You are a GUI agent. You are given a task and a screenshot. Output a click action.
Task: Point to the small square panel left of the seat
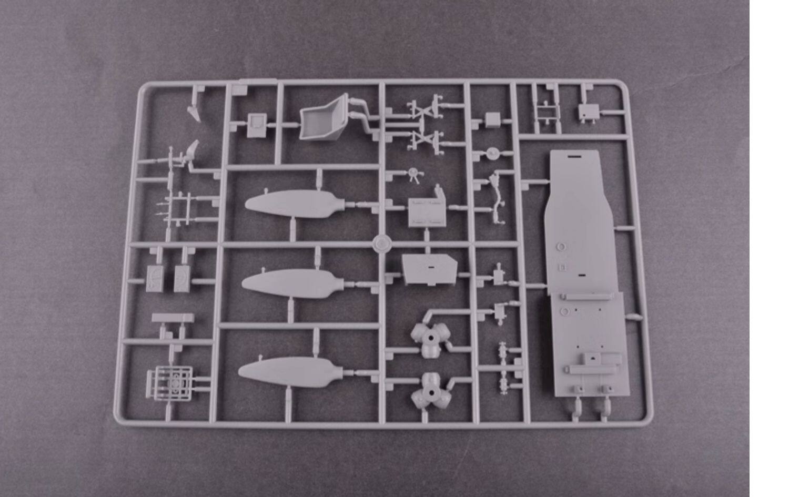point(258,125)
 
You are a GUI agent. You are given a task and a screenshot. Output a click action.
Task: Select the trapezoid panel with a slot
point(428,270)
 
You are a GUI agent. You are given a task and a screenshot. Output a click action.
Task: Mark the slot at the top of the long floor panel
point(574,157)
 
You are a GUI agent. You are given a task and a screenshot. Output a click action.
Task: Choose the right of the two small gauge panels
point(182,278)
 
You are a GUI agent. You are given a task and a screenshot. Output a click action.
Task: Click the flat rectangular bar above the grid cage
point(173,318)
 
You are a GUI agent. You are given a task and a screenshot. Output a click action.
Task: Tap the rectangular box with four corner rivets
point(427,212)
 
